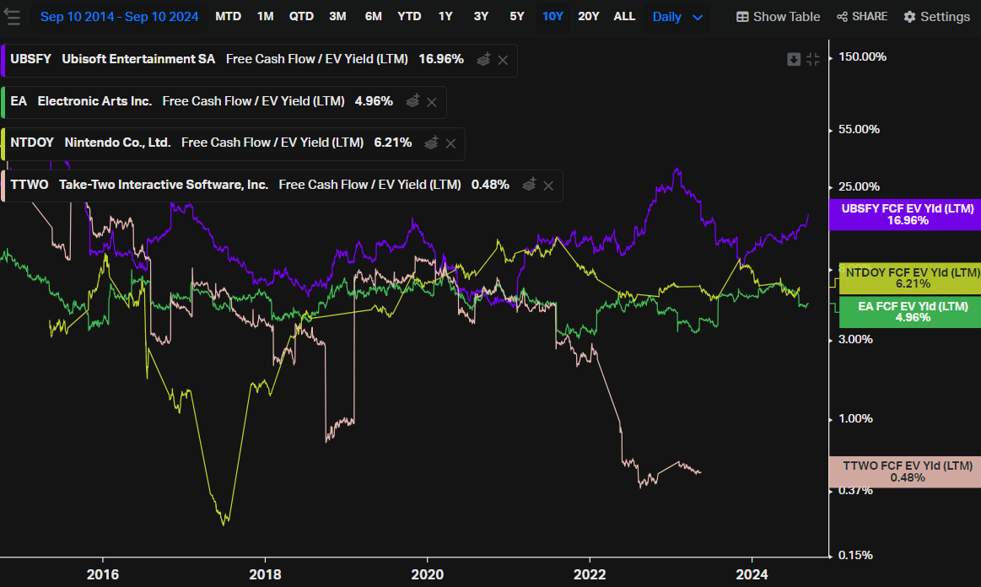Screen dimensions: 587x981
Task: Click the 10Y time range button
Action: coord(552,17)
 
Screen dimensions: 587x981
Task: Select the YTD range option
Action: coord(409,17)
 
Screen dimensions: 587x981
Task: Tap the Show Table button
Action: coord(778,17)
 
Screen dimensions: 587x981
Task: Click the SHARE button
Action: coord(862,17)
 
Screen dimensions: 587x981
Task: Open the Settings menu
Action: coord(936,17)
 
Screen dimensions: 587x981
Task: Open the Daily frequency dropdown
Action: coord(677,17)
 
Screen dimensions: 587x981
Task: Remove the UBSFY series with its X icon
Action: coord(503,60)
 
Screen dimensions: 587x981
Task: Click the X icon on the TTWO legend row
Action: coord(548,185)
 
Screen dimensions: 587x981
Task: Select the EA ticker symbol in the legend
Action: coord(19,101)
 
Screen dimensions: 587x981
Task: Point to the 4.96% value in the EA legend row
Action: coord(374,101)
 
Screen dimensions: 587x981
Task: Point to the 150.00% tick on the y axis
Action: coord(862,57)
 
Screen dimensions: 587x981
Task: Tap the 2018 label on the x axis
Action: coord(265,574)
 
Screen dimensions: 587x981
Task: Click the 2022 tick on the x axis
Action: coord(590,574)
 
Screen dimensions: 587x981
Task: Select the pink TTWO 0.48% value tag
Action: coord(907,471)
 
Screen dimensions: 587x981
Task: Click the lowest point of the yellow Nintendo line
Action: coord(224,525)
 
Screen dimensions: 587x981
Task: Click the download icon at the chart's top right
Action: coord(794,59)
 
